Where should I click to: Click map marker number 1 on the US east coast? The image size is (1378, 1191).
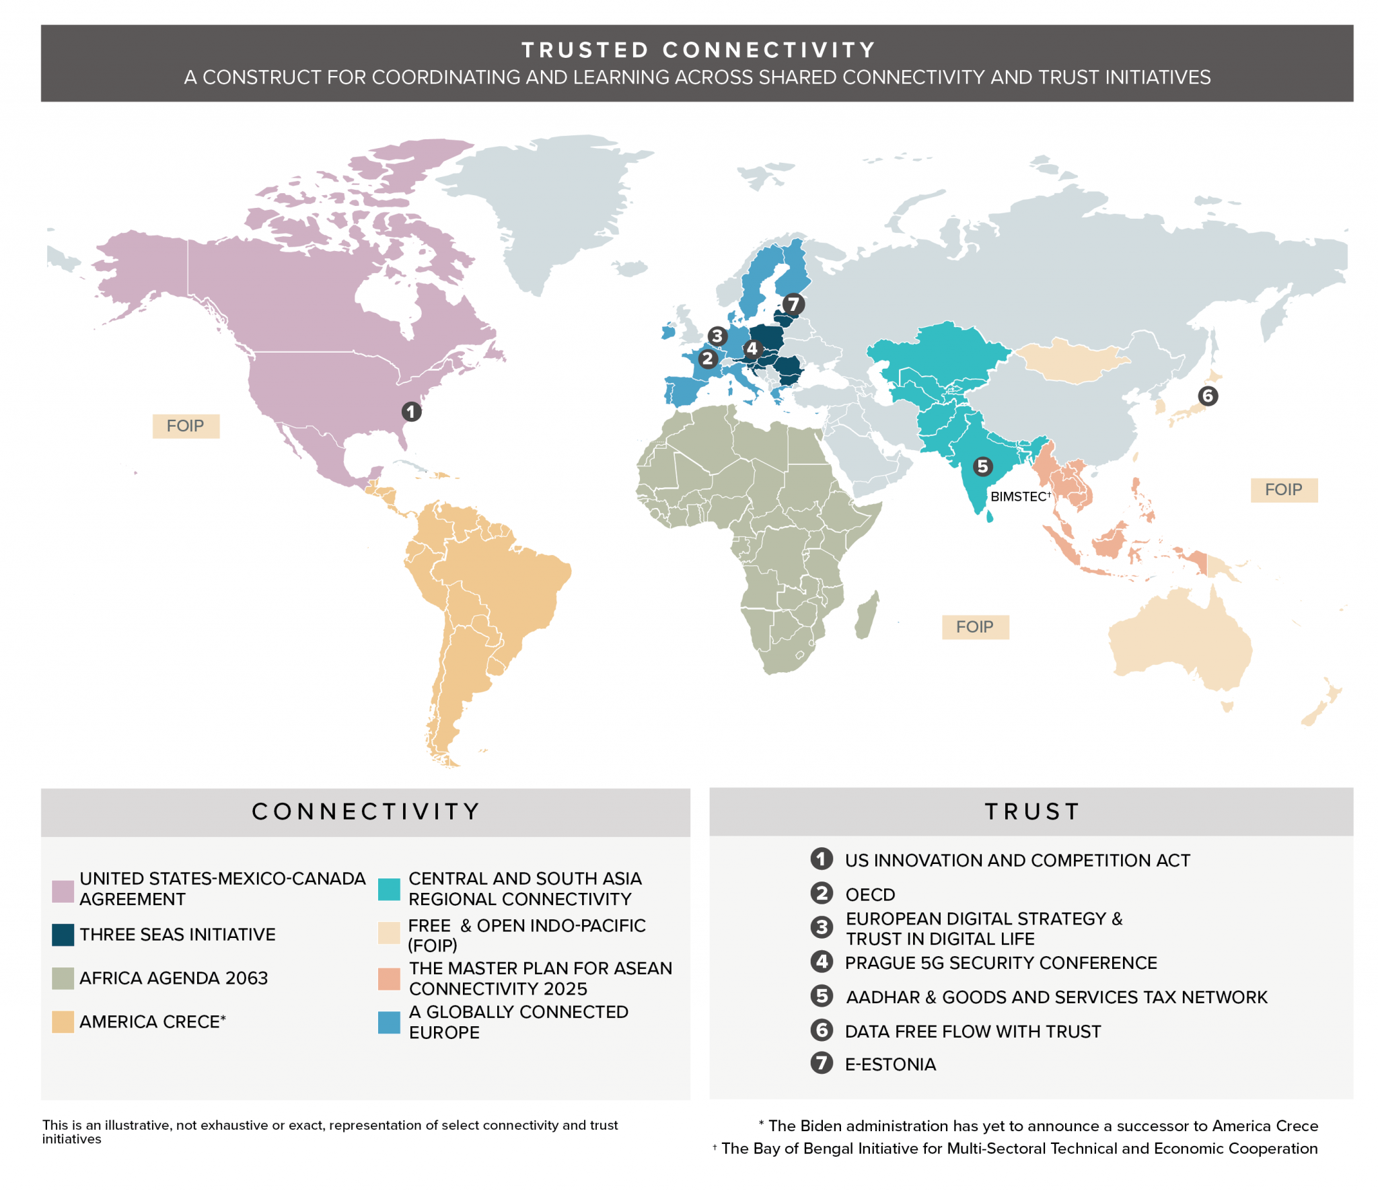tap(411, 411)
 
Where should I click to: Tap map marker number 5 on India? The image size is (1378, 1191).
tap(982, 466)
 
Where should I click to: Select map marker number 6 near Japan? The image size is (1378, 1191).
tap(1207, 396)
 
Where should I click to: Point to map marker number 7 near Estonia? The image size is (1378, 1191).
tap(793, 304)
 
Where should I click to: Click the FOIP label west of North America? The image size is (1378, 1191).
tap(186, 426)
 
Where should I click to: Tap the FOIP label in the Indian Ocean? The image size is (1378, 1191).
tap(974, 626)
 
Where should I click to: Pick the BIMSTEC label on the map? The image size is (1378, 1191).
tap(1019, 497)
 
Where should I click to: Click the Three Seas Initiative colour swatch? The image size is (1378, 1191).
tap(63, 934)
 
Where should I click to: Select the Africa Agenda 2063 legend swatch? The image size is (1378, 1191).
tap(63, 978)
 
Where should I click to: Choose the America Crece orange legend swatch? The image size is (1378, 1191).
tap(63, 1021)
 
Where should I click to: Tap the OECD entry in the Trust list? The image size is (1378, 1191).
tap(869, 894)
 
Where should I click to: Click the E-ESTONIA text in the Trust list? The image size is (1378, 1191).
tap(890, 1064)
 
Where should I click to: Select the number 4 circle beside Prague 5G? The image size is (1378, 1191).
tap(821, 962)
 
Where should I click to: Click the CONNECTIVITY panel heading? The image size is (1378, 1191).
tap(365, 811)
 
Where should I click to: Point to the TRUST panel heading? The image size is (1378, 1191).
tap(1031, 811)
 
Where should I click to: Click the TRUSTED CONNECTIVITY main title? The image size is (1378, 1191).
tap(698, 50)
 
